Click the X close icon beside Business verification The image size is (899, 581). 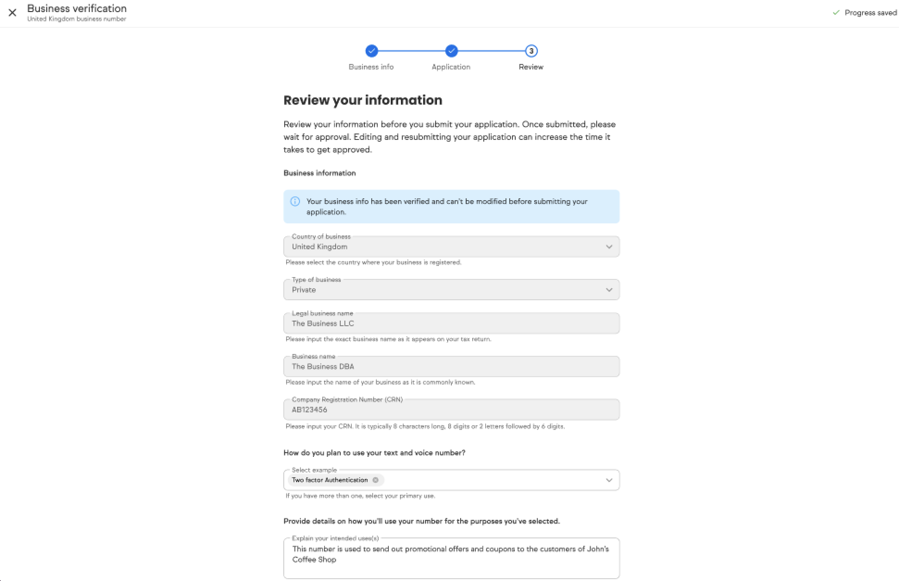[x=12, y=13]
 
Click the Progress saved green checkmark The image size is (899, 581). [x=836, y=13]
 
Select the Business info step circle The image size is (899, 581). [x=371, y=51]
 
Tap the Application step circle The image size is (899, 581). [x=451, y=51]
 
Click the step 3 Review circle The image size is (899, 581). [x=531, y=51]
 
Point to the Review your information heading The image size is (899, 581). [x=362, y=100]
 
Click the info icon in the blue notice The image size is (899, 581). [x=295, y=202]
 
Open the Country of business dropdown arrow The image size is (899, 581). [x=609, y=247]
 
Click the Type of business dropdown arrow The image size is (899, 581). [x=609, y=290]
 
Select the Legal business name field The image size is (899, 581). [x=451, y=323]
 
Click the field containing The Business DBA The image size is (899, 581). [x=451, y=366]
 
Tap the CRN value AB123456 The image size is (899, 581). [x=309, y=410]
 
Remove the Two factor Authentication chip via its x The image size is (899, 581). [x=375, y=480]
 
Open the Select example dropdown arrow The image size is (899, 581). [x=609, y=480]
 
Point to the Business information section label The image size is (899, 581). [x=319, y=173]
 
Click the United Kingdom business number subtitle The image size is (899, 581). [x=76, y=19]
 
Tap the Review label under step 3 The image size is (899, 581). [x=531, y=67]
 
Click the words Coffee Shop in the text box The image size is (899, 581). [x=314, y=560]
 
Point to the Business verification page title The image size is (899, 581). [x=77, y=8]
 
